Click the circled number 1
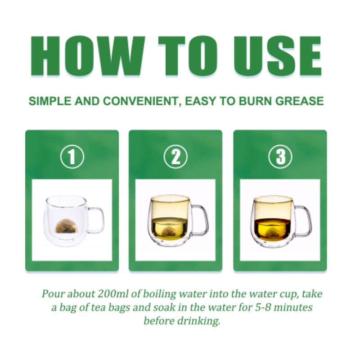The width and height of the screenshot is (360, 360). [72, 157]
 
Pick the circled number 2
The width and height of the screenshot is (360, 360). [175, 157]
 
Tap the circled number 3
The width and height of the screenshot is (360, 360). [279, 157]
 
